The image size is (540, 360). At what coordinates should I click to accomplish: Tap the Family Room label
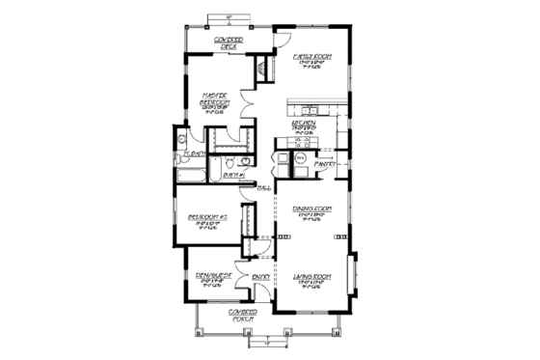(312, 58)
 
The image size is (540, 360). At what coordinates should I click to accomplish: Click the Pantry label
(325, 165)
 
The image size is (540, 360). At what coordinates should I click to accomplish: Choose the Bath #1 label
(230, 176)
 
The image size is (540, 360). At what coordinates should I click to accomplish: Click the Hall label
(261, 188)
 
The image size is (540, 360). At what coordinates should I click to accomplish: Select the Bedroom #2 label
(205, 218)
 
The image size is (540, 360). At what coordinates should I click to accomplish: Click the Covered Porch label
(242, 318)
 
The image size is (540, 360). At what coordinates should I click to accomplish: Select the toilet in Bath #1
(245, 160)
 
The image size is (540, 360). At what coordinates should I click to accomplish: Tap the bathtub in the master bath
(190, 175)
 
